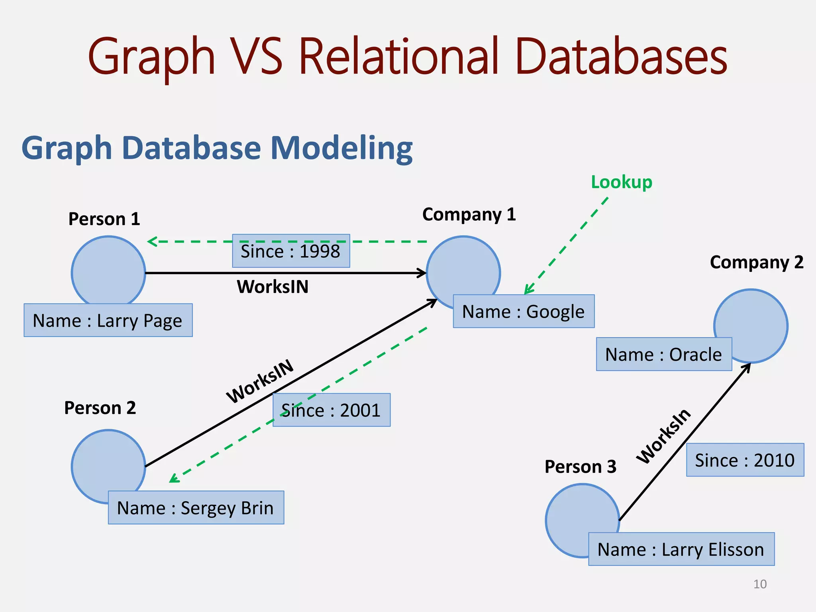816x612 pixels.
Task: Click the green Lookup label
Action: (x=621, y=182)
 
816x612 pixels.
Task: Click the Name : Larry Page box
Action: (x=108, y=320)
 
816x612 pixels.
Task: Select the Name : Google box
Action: (x=524, y=311)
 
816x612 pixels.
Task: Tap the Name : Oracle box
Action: (x=664, y=354)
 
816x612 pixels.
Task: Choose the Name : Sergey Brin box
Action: (x=196, y=508)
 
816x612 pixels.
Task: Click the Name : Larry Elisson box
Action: (x=681, y=549)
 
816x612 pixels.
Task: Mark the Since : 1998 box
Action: (x=291, y=251)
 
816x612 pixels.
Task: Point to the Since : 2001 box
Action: (x=331, y=410)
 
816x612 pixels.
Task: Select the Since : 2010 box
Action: (x=745, y=460)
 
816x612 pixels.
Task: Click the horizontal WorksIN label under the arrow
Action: (x=273, y=287)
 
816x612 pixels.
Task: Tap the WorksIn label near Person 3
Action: (x=663, y=436)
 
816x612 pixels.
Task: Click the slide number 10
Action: (x=760, y=584)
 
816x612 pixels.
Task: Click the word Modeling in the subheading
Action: (x=341, y=148)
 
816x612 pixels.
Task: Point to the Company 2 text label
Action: (x=756, y=262)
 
